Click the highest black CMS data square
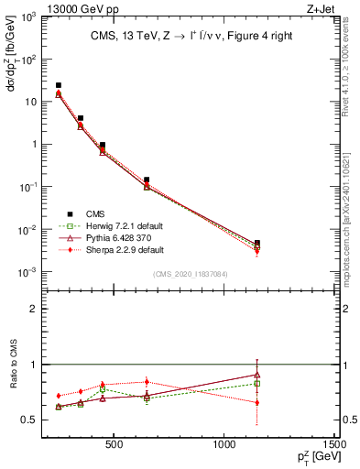pyautogui.click(x=59, y=85)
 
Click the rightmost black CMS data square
pyautogui.click(x=257, y=244)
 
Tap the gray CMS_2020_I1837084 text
pyautogui.click(x=190, y=274)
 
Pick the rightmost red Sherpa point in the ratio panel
pyautogui.click(x=257, y=402)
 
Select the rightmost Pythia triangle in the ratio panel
pyautogui.click(x=257, y=375)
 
